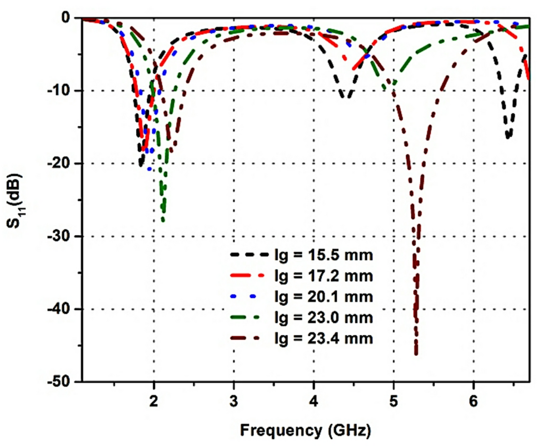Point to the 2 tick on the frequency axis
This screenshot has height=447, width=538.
[x=154, y=399]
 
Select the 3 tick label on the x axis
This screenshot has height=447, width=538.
[x=234, y=399]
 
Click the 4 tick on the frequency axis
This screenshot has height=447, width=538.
[x=314, y=399]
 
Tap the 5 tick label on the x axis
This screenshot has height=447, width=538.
[x=393, y=399]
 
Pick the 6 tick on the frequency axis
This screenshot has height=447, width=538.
[x=474, y=399]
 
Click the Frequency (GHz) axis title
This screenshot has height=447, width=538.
[x=305, y=430]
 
